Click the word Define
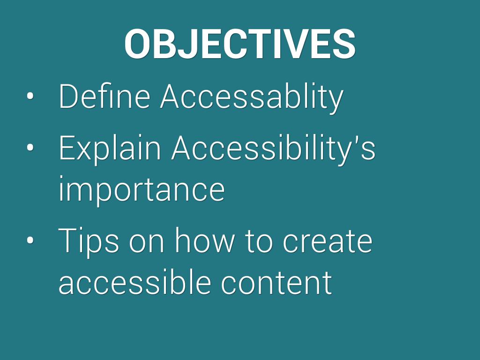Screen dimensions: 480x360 point(105,96)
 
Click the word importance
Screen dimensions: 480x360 point(142,189)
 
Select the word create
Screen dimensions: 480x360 point(327,242)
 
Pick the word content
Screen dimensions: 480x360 point(277,282)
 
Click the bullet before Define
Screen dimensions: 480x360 point(30,96)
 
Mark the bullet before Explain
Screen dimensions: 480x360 point(30,148)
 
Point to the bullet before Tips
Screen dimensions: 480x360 point(30,240)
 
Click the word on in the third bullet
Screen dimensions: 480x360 point(147,243)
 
